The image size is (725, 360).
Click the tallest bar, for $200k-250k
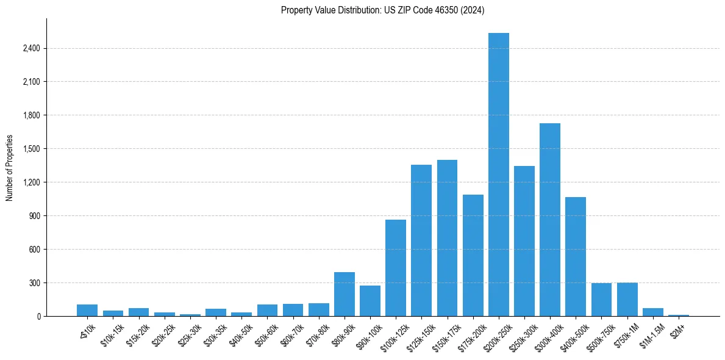point(499,175)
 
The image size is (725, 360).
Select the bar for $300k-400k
point(550,220)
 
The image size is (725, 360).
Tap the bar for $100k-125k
point(396,268)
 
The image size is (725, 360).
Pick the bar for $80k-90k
point(345,294)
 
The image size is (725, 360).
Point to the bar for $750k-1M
point(627,300)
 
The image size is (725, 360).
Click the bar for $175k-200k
point(473,256)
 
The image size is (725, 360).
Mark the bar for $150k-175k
point(447,238)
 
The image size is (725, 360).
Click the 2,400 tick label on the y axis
point(30,48)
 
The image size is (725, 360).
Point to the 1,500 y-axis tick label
point(30,149)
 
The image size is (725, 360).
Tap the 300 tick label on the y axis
point(34,283)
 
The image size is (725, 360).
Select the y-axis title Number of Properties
point(9,167)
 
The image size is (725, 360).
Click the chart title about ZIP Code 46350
point(383,10)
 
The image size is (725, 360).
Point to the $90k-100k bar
point(370,301)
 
